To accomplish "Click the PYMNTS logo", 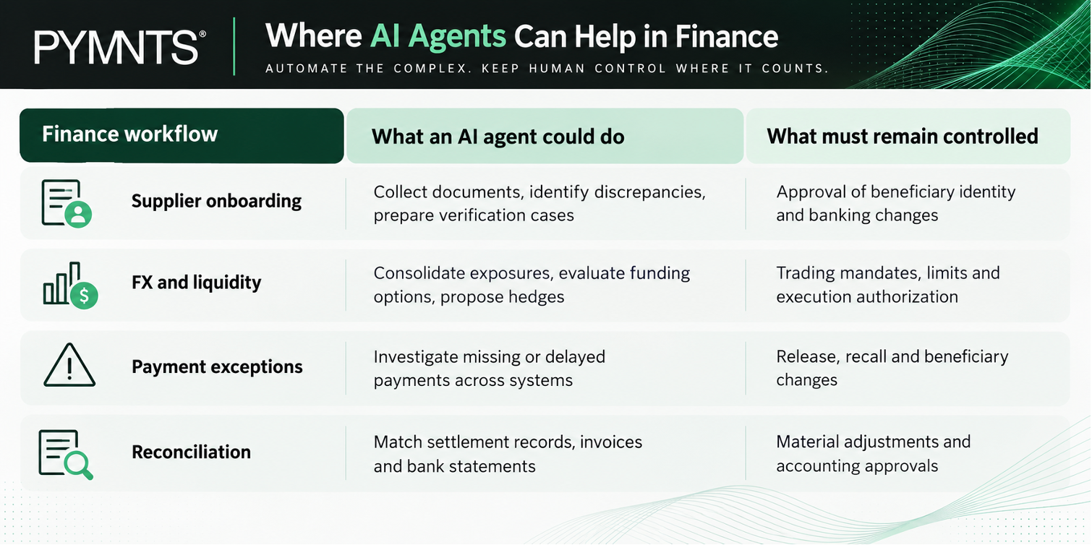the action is point(120,47).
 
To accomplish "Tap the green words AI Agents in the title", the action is point(438,37).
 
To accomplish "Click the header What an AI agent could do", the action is point(498,137).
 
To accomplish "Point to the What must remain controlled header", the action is point(903,137).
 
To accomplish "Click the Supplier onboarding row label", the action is point(216,201).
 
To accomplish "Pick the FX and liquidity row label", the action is point(197,283).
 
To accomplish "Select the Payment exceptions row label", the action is point(217,366).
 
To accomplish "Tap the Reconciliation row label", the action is point(191,452).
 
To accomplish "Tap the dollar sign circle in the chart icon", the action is point(84,295).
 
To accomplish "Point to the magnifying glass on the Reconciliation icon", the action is point(79,465).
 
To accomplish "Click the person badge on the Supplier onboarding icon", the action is point(78,214).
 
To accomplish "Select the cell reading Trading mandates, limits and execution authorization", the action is point(888,285).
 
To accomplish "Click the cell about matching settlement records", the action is point(508,454).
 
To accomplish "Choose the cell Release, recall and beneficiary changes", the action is point(892,368).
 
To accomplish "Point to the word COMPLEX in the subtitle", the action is point(430,69).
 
